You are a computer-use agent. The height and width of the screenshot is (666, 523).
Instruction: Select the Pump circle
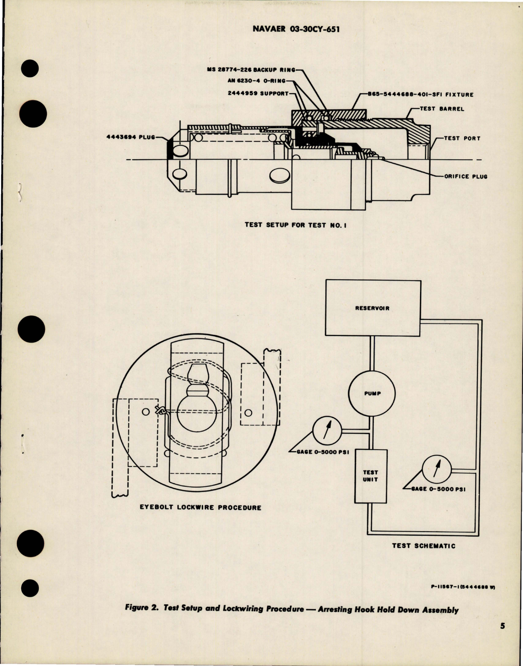click(372, 394)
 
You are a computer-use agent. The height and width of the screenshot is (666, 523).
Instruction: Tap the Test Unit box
click(371, 476)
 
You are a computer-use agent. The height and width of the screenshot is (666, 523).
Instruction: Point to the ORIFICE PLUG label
click(465, 177)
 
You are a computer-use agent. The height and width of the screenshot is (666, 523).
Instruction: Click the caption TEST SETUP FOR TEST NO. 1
click(295, 225)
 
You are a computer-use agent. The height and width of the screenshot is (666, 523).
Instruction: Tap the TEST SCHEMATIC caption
click(423, 546)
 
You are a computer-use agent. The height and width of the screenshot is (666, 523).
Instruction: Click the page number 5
click(502, 637)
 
